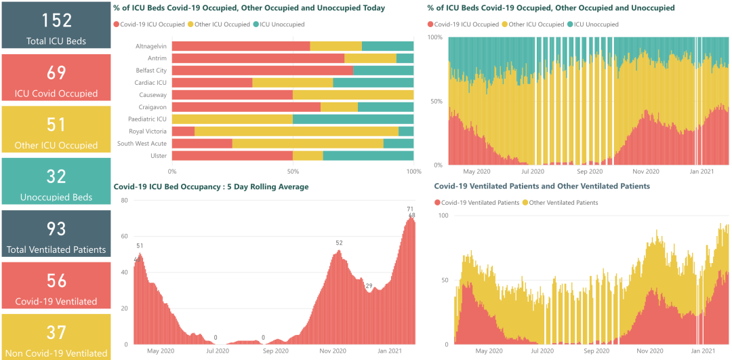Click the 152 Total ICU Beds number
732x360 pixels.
click(56, 20)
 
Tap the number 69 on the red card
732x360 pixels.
click(56, 73)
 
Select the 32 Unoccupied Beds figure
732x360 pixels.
click(56, 176)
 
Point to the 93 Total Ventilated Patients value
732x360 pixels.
click(56, 228)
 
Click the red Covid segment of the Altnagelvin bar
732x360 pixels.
click(241, 46)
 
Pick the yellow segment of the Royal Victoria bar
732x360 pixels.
click(296, 132)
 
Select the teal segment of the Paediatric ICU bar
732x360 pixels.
click(352, 119)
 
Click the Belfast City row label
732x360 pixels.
click(151, 71)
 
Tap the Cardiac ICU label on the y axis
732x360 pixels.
click(150, 83)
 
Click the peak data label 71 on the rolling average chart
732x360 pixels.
click(410, 209)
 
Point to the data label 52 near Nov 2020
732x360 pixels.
click(339, 243)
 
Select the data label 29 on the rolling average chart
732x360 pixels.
click(369, 285)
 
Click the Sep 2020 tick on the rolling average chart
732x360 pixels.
click(276, 351)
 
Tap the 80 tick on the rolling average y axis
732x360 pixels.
click(124, 201)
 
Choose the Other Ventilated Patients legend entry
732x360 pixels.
click(563, 203)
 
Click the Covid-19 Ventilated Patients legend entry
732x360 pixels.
click(480, 203)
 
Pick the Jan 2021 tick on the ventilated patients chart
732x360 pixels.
click(703, 351)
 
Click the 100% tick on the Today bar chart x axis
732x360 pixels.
click(413, 172)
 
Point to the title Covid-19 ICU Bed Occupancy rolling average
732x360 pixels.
click(211, 186)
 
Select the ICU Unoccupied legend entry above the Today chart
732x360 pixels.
click(282, 24)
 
